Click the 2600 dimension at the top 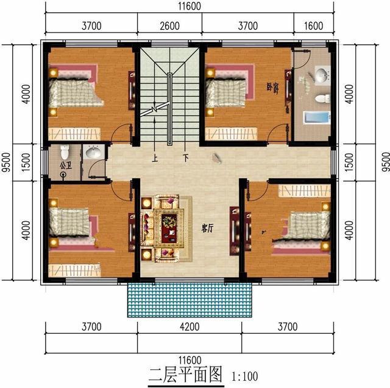169,26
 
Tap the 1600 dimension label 314,26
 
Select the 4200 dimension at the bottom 190,327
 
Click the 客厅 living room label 207,228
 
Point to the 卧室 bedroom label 272,87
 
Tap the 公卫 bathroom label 66,165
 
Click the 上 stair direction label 155,158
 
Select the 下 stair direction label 185,158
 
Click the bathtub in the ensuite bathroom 317,117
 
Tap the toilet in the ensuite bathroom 322,99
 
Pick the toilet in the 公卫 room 65,152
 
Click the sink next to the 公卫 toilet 93,152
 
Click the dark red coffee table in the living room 169,229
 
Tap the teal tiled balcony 190,300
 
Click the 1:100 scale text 245,376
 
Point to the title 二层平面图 185,375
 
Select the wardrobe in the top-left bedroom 74,134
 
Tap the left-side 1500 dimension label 26,162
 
